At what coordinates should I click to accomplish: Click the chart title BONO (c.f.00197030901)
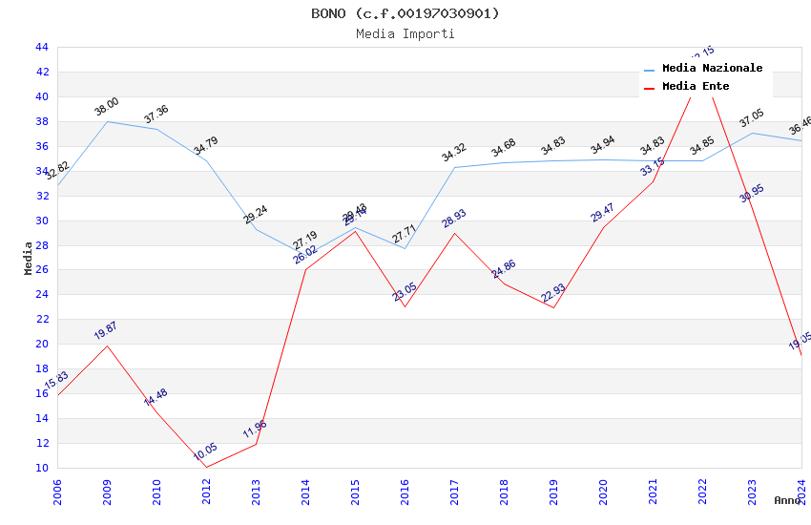(x=405, y=13)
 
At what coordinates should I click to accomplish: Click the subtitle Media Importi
(x=405, y=33)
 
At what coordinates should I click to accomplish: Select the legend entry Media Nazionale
(x=712, y=68)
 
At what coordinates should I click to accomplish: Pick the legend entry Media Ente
(x=696, y=86)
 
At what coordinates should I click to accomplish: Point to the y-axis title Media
(x=29, y=258)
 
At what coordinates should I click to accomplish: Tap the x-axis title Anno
(x=787, y=500)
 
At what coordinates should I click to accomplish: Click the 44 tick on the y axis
(x=42, y=47)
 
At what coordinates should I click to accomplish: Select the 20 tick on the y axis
(x=42, y=344)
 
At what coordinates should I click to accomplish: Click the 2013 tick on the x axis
(x=256, y=491)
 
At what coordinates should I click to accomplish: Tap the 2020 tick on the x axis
(x=603, y=491)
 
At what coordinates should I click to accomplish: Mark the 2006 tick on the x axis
(x=57, y=491)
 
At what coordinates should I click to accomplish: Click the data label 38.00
(x=107, y=106)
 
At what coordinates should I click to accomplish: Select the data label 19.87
(x=106, y=330)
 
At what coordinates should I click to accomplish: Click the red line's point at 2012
(x=206, y=467)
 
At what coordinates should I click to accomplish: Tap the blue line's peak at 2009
(x=107, y=121)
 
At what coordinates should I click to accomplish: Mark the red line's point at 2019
(x=553, y=307)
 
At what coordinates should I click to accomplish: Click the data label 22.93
(x=553, y=292)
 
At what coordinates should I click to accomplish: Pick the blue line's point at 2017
(x=454, y=167)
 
